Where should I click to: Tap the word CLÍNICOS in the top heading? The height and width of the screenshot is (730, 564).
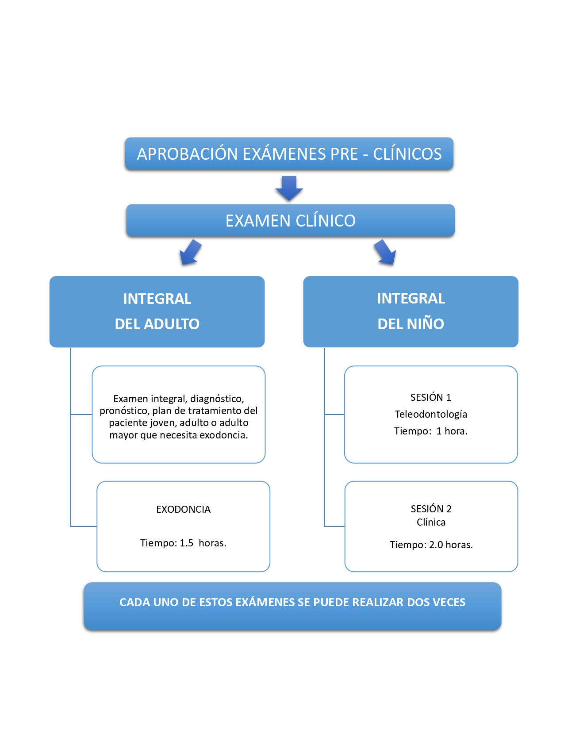pos(407,154)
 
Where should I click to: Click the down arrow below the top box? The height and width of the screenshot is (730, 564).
pos(289,188)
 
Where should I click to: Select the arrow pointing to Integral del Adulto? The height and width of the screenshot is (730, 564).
pos(190,253)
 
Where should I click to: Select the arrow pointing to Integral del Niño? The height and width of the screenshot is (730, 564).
pos(385,253)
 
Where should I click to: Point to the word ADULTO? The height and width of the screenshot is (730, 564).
pos(172,324)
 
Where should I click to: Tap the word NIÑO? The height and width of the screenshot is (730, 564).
pos(425,324)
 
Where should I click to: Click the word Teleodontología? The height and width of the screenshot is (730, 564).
pos(431,414)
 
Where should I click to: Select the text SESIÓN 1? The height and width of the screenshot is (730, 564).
pos(430,397)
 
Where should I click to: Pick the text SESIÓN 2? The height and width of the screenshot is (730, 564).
pos(431,509)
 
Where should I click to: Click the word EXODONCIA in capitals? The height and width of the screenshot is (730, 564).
pos(183,509)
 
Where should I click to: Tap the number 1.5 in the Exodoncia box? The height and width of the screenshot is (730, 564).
pos(186,543)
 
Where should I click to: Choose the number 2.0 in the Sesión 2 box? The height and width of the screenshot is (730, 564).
pos(436,545)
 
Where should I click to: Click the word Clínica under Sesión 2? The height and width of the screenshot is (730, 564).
pos(431,522)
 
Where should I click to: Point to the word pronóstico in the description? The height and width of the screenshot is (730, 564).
pos(123,411)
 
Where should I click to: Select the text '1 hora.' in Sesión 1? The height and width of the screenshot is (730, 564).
pos(452,431)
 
